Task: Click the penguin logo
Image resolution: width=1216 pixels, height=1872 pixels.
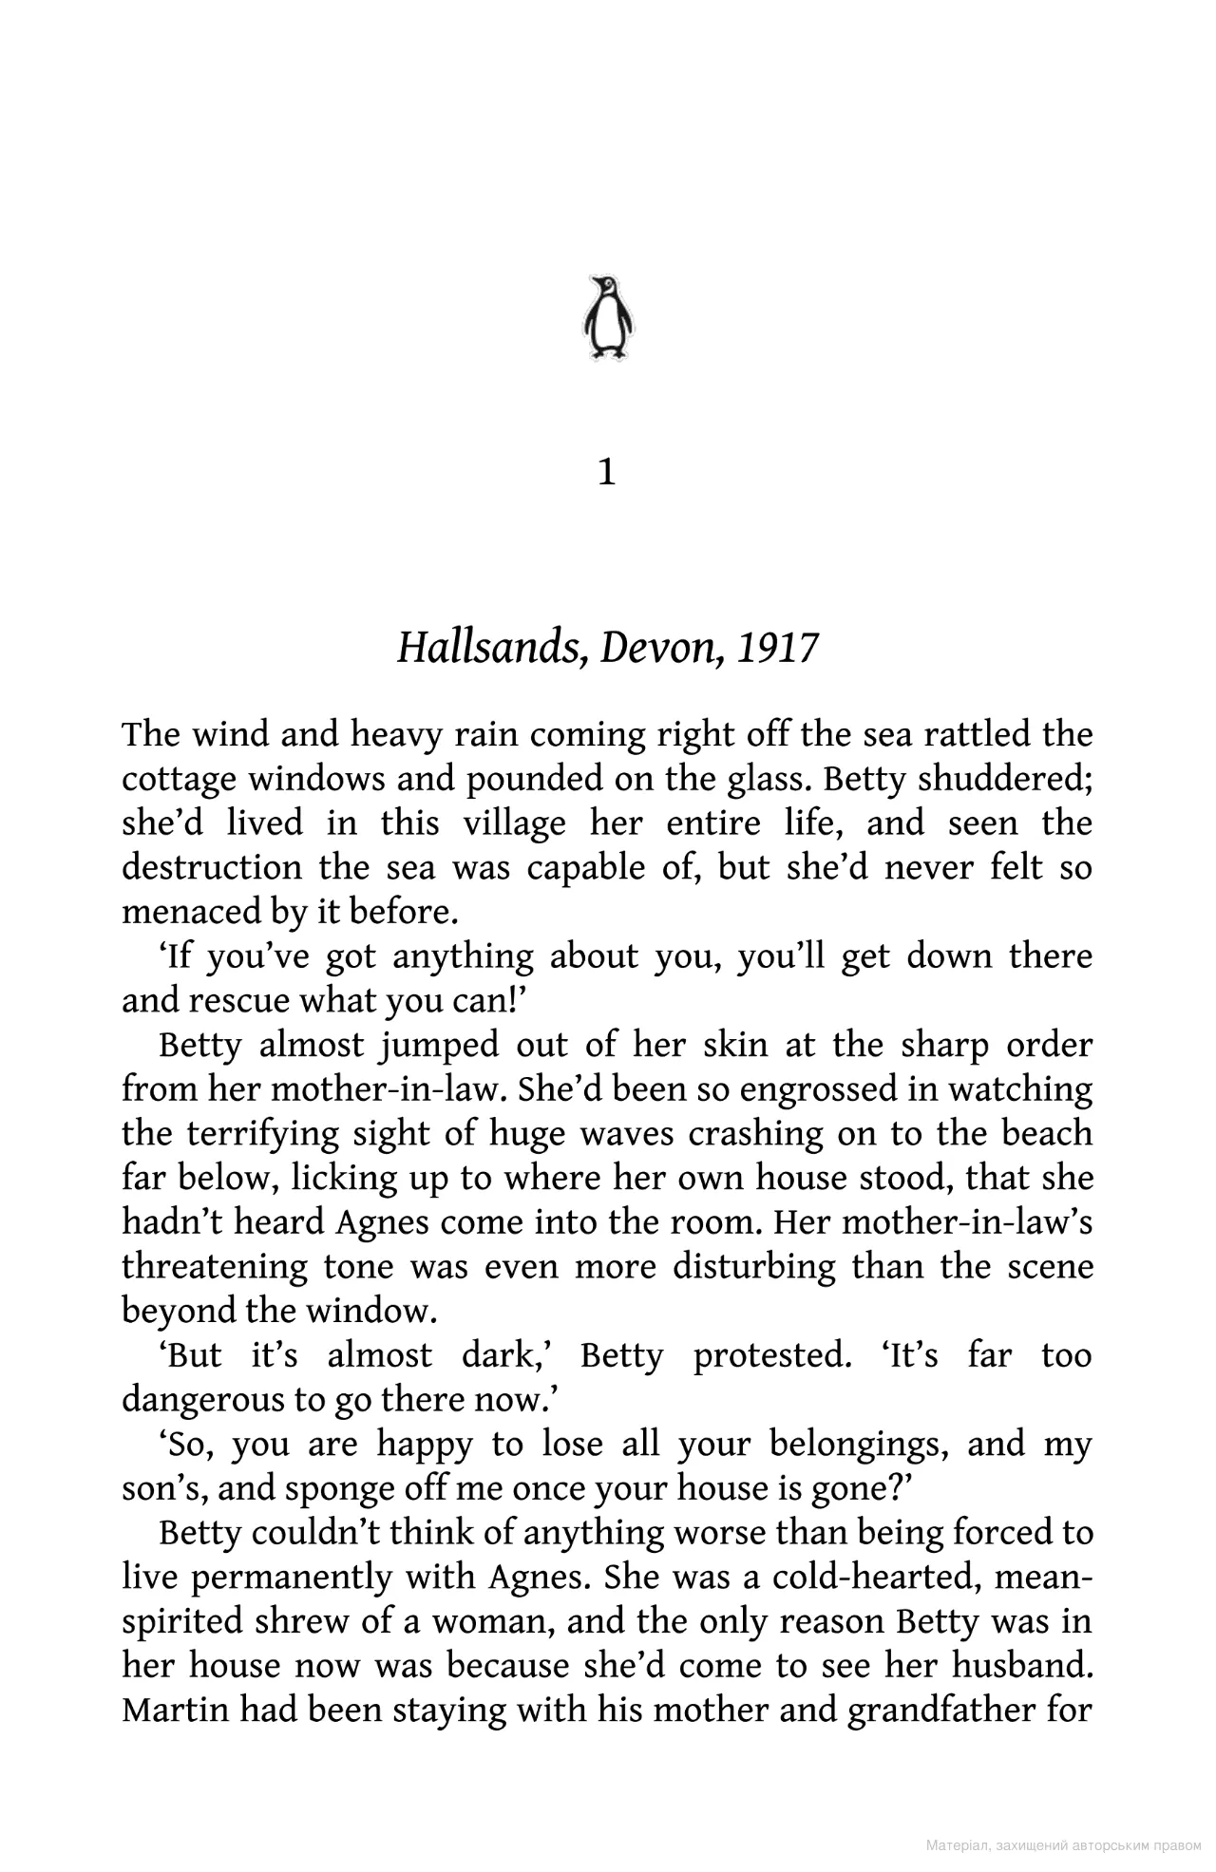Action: pos(607,317)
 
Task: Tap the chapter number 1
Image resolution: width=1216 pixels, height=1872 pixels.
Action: pos(607,472)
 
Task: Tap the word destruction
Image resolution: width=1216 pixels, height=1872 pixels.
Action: pos(212,868)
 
